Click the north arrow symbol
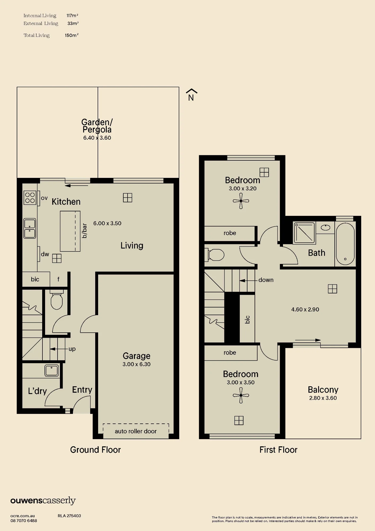click(191, 95)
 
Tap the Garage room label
click(137, 356)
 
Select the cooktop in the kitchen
click(30, 198)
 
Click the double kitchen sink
click(30, 228)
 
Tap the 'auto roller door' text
click(136, 431)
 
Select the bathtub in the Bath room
click(345, 243)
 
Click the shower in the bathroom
click(304, 233)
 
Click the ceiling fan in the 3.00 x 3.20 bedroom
click(241, 201)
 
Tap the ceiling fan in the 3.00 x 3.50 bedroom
click(241, 395)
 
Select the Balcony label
click(323, 389)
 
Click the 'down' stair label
click(266, 280)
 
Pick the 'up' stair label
click(72, 349)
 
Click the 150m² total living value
click(72, 35)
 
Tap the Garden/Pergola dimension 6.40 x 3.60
click(97, 138)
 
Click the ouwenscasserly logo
click(43, 500)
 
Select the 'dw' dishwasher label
click(45, 254)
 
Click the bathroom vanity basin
click(325, 228)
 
